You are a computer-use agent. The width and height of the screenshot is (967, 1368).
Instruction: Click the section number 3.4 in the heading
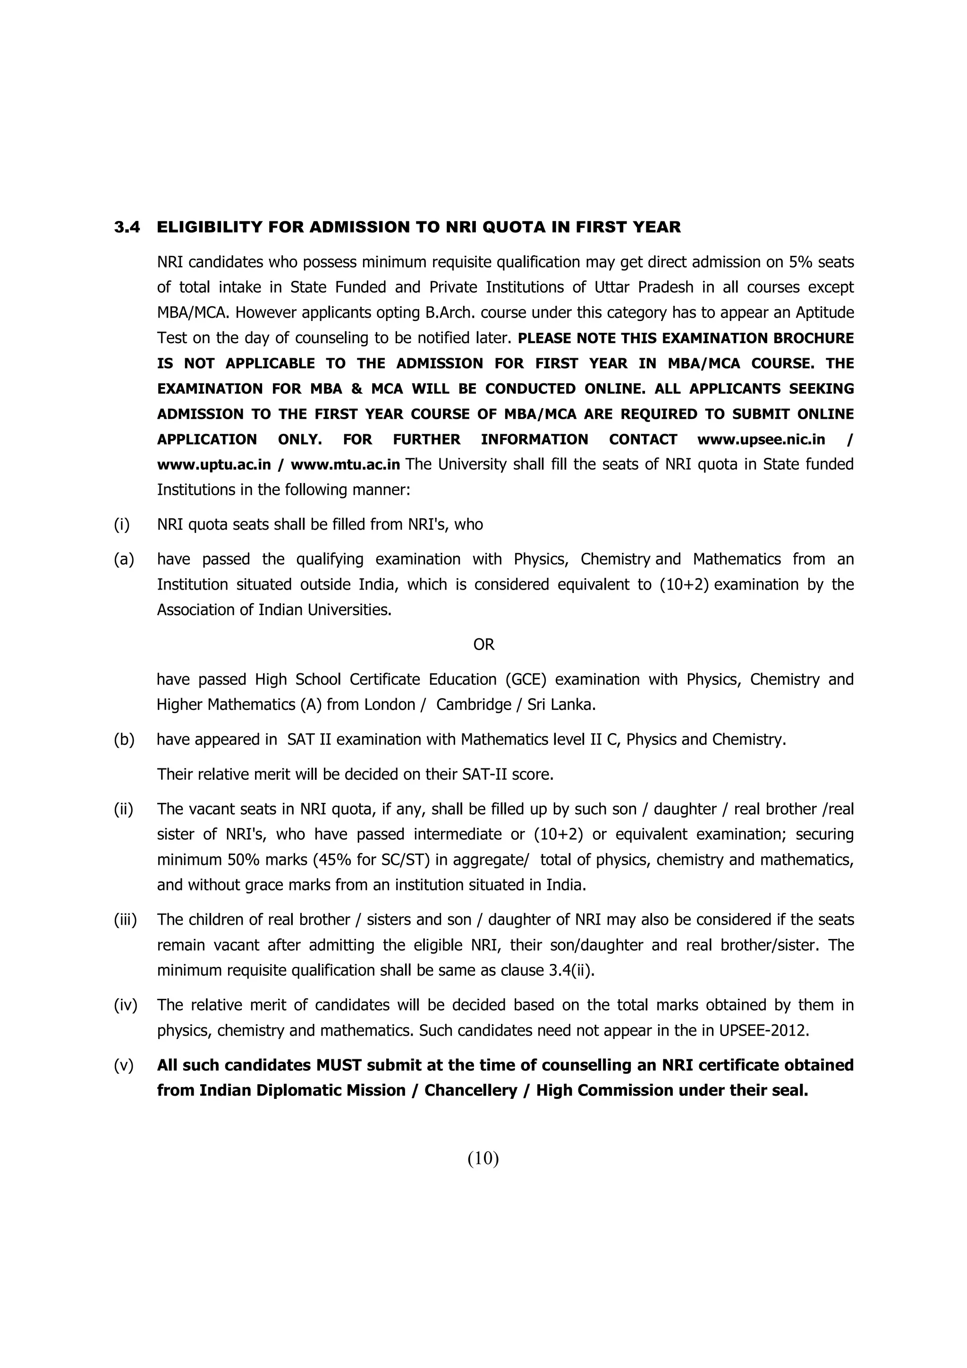click(127, 227)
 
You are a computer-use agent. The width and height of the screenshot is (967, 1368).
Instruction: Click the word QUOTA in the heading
click(511, 227)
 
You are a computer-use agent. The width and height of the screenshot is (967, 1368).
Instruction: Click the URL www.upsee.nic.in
click(761, 440)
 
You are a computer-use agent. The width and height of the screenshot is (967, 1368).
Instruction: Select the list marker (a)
click(124, 559)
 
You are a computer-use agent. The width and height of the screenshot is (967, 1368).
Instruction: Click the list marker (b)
click(124, 739)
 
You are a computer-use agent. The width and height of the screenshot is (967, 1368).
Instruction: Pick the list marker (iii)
click(125, 920)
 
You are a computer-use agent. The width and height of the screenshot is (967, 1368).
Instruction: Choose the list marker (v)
click(124, 1065)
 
